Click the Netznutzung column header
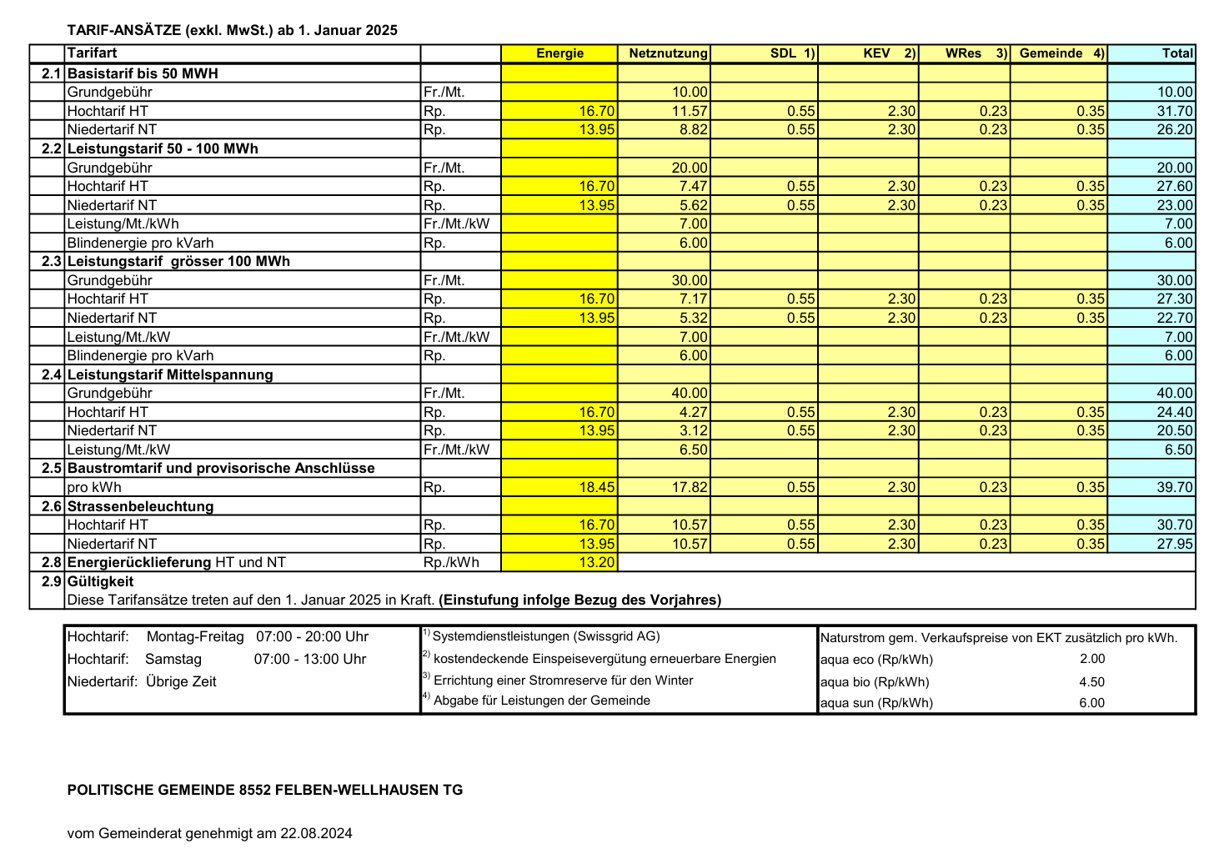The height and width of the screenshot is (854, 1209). (668, 53)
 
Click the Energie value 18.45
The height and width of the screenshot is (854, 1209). (597, 487)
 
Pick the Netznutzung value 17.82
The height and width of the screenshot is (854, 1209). (690, 487)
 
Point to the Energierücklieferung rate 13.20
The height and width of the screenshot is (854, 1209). (597, 562)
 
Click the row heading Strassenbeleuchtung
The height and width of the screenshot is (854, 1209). (140, 506)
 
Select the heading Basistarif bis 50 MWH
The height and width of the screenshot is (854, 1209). (143, 73)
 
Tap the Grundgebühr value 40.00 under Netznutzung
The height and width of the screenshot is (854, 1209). (690, 393)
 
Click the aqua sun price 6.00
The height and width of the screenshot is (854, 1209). (1091, 702)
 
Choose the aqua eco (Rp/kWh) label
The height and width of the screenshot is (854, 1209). (876, 660)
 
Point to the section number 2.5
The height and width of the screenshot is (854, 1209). (52, 468)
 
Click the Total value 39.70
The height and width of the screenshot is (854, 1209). (1175, 487)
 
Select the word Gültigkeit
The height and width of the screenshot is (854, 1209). (100, 581)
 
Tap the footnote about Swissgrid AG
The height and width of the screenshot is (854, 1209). (545, 636)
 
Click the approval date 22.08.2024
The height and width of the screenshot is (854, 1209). (316, 832)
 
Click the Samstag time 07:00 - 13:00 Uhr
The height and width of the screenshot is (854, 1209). (310, 659)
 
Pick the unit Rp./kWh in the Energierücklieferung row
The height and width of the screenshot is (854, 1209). (451, 562)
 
